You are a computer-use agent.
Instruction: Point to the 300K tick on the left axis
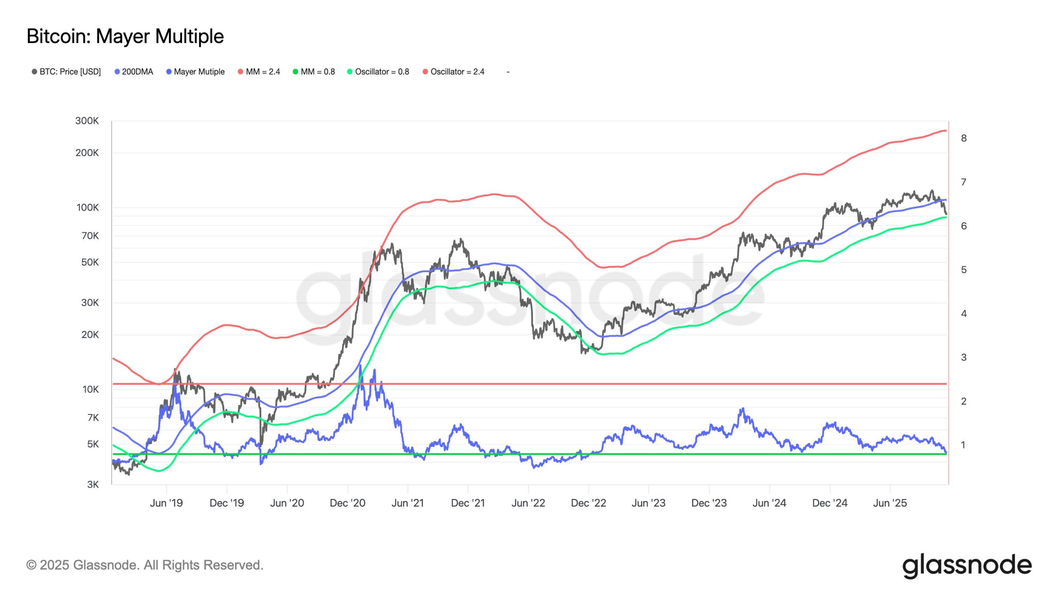tap(87, 121)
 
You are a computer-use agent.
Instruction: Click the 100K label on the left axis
tap(87, 208)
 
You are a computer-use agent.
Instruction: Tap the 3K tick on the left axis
tap(93, 485)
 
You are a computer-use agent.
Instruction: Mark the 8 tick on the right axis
tap(963, 138)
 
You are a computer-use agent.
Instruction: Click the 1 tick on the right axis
tap(963, 445)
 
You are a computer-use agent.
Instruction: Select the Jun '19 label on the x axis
tap(166, 503)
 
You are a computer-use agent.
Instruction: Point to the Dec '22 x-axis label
tap(589, 503)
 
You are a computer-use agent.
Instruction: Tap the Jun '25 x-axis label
tap(890, 503)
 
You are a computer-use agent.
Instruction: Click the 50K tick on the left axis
tap(90, 262)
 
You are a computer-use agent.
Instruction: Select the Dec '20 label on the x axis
tap(347, 503)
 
